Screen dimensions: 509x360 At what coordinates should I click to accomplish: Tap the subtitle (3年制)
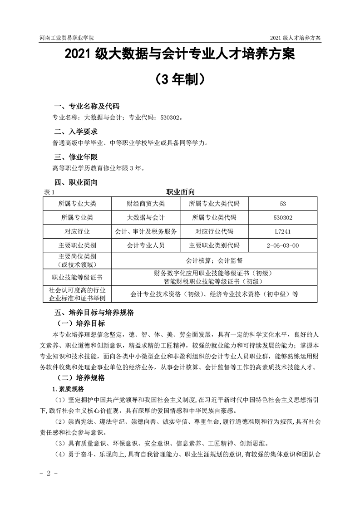[x=180, y=80]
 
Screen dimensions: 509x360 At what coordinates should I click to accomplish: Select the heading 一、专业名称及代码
[x=86, y=107]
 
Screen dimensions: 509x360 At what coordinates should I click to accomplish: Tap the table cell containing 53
[x=283, y=203]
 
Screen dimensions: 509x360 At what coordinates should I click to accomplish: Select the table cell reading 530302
[x=283, y=217]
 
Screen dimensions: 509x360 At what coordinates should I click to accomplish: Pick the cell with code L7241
[x=283, y=231]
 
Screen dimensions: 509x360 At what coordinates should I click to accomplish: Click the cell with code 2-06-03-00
[x=283, y=245]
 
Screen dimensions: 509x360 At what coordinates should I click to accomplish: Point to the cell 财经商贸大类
[x=146, y=203]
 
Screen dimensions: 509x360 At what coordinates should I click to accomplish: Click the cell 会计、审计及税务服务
[x=146, y=231]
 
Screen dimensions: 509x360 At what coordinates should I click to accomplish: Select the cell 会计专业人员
[x=146, y=245]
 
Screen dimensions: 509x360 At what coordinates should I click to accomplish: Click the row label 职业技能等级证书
[x=77, y=277]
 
